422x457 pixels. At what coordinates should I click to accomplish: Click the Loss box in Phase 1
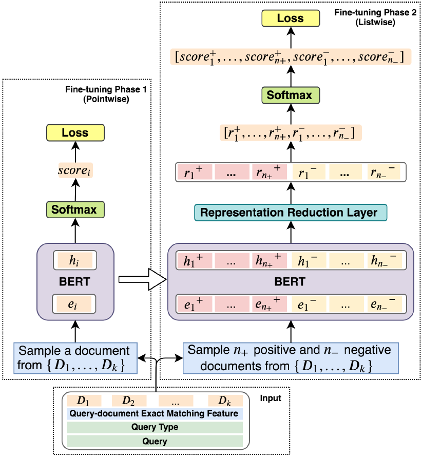pos(75,132)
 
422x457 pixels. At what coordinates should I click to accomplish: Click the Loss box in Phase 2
pos(290,18)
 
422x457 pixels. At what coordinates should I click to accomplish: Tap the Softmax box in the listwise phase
pos(290,96)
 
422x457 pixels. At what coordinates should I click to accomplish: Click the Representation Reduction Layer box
pos(290,212)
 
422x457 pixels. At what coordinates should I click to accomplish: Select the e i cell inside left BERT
pos(75,304)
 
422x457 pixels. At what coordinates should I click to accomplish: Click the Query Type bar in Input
pos(155,427)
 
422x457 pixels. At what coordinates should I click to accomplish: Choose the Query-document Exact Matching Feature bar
pos(155,413)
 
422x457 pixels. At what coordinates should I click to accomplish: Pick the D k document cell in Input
pos(225,400)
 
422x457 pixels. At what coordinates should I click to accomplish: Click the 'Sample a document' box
pos(75,358)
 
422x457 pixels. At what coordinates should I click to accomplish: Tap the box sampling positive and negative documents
pos(290,358)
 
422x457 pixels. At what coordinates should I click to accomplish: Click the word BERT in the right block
pos(290,281)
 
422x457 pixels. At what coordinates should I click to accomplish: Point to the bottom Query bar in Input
pos(155,441)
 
